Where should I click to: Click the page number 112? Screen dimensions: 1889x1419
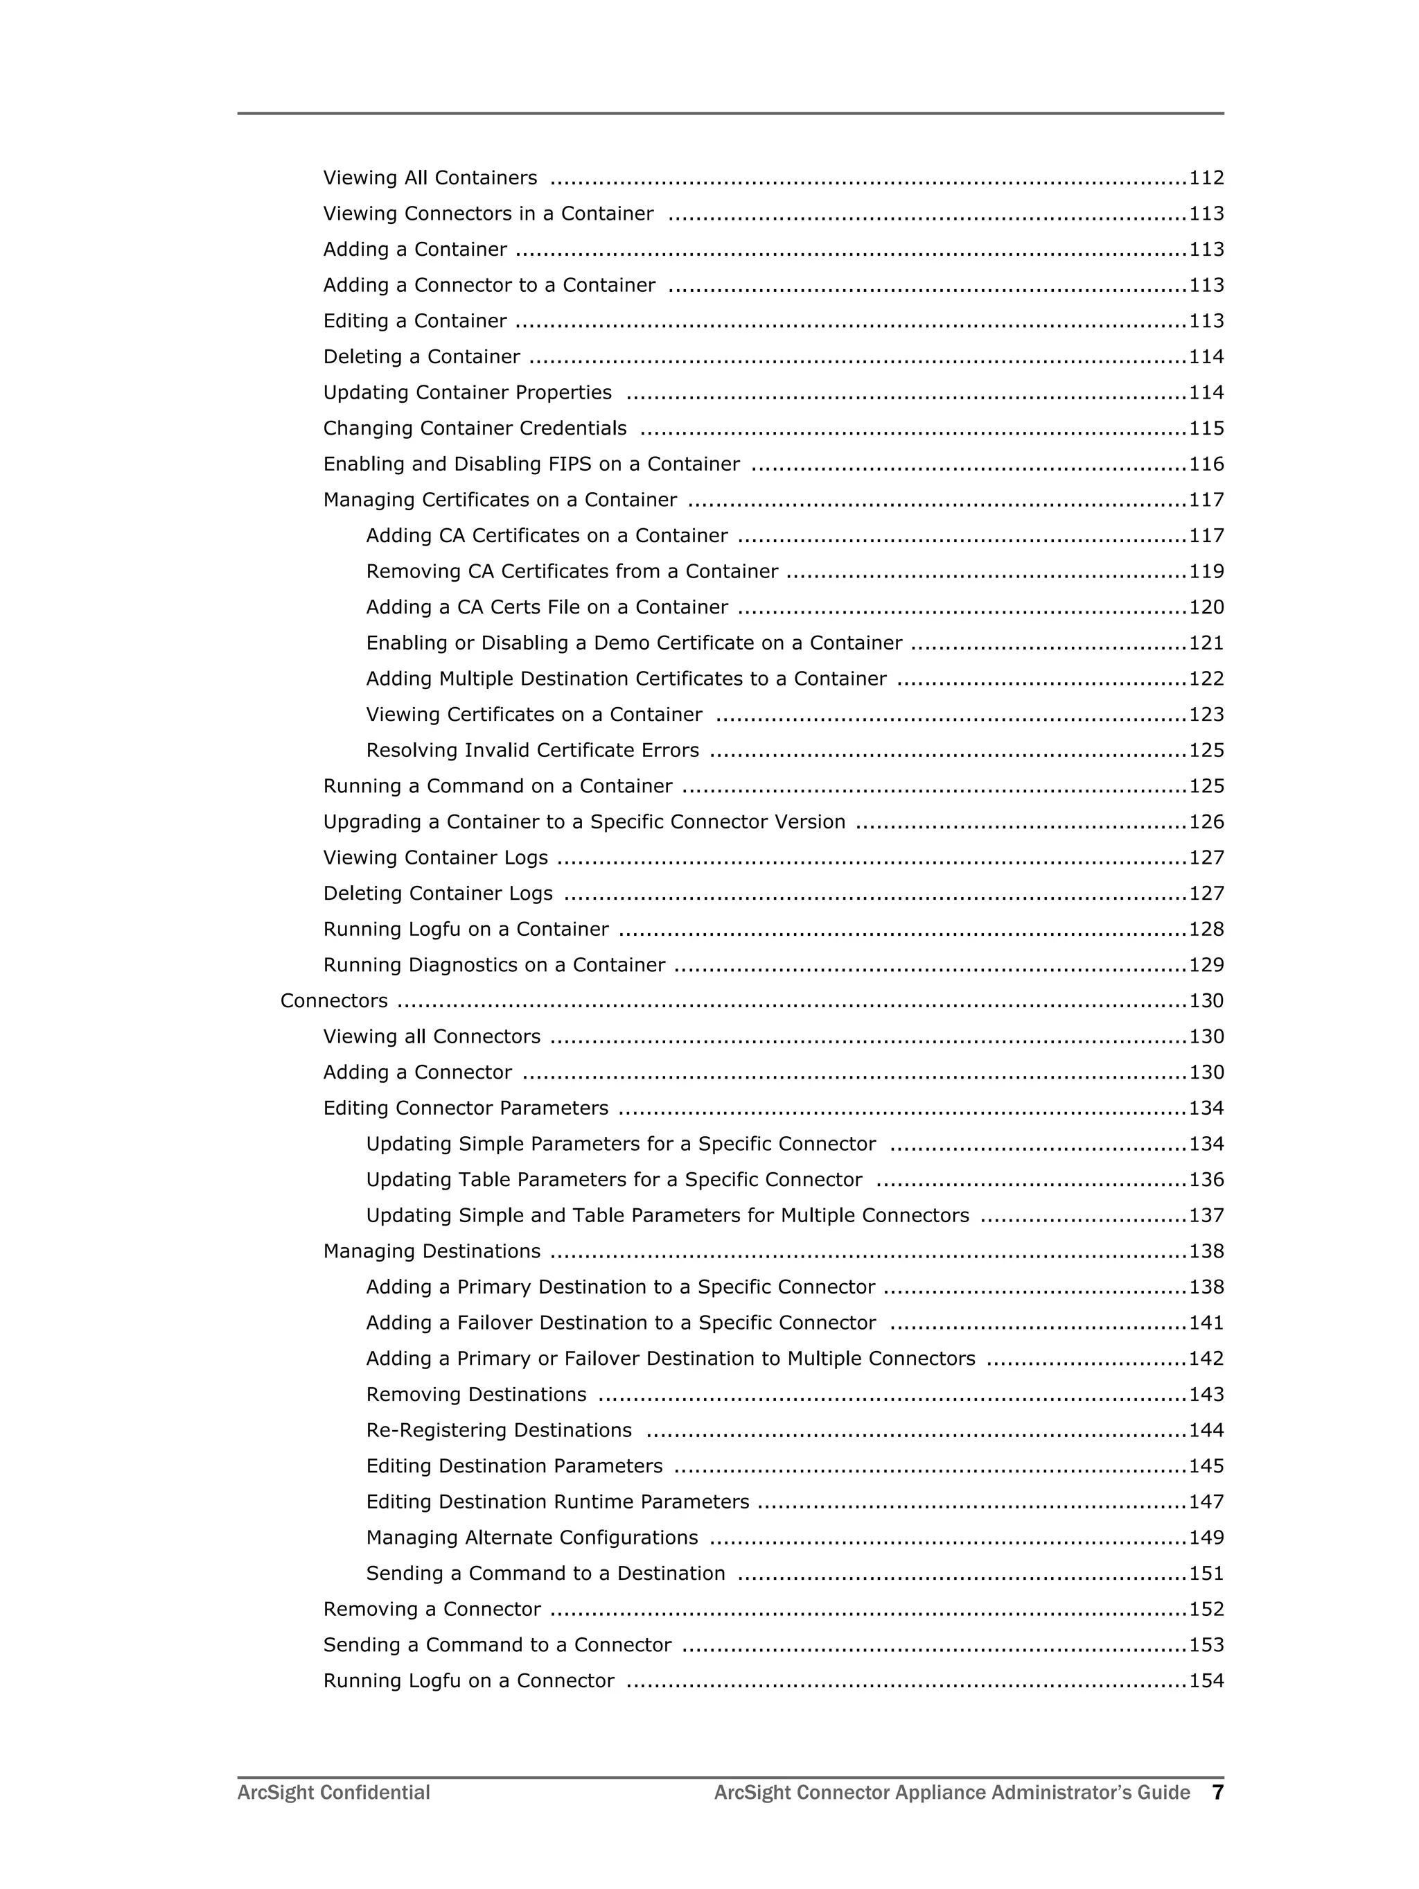click(x=1206, y=177)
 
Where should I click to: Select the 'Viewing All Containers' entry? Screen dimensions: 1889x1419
click(x=430, y=177)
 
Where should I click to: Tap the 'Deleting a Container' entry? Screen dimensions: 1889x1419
click(x=421, y=357)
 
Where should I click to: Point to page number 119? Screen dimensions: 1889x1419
click(x=1206, y=571)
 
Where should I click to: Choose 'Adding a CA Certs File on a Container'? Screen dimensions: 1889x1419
click(x=547, y=607)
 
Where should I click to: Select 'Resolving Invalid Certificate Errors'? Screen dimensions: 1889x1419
click(x=532, y=751)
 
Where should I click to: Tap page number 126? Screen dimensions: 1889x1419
click(x=1206, y=822)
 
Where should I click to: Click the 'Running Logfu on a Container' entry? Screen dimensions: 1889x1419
click(x=466, y=929)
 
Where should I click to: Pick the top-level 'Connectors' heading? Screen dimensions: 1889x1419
click(x=334, y=1001)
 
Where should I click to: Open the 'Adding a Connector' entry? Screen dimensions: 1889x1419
click(x=416, y=1072)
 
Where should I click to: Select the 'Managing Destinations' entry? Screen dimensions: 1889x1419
click(x=431, y=1252)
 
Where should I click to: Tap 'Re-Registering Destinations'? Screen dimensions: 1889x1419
click(x=499, y=1430)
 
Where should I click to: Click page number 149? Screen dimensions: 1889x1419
click(x=1206, y=1538)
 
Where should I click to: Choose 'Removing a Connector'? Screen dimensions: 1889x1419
click(x=431, y=1610)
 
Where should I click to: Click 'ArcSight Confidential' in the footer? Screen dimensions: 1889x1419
click(x=333, y=1793)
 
